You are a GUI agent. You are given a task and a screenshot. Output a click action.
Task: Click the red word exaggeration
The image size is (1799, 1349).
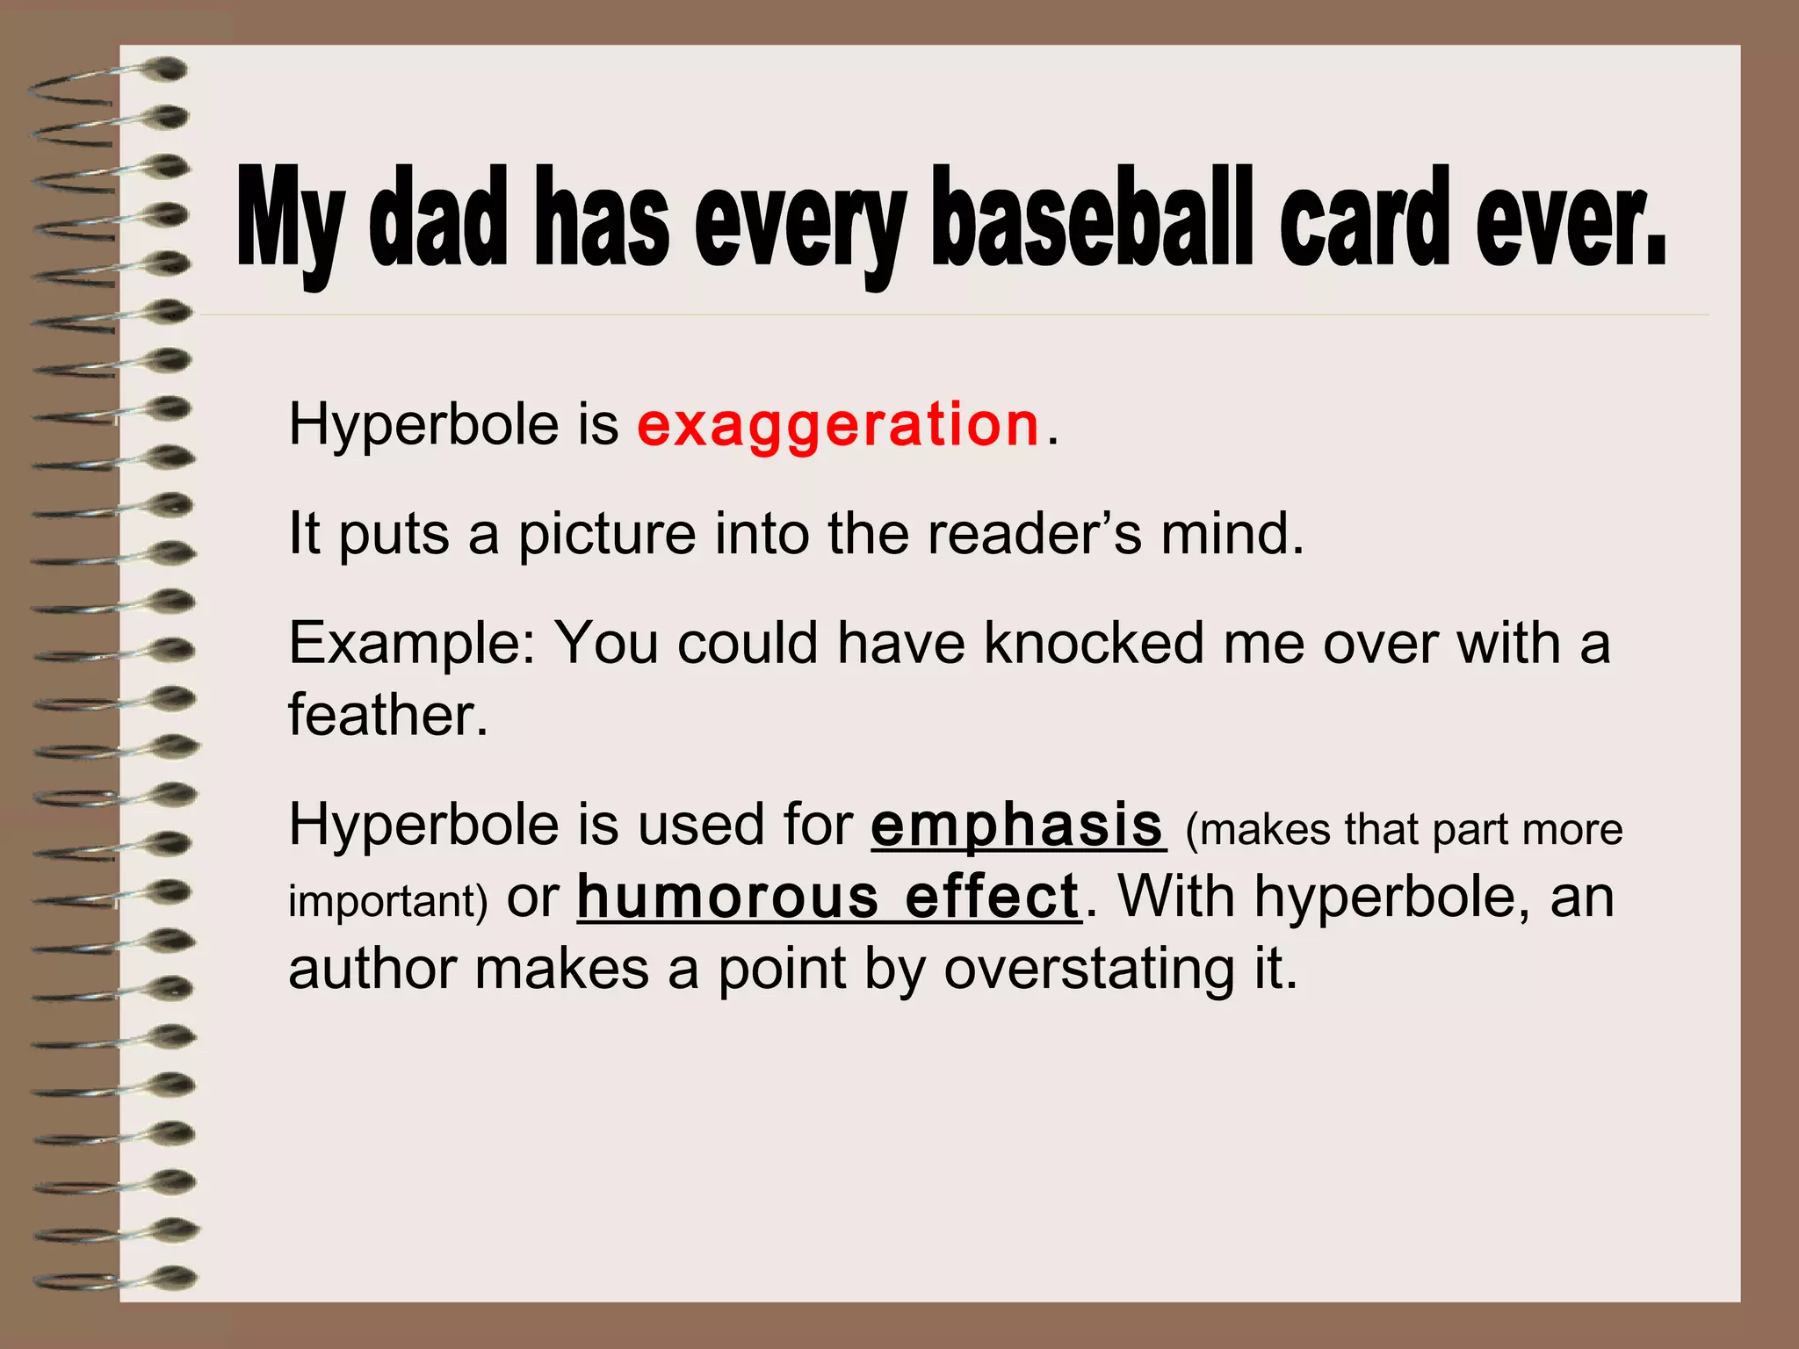pyautogui.click(x=838, y=425)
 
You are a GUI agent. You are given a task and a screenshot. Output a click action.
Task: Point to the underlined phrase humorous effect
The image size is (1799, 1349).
pyautogui.click(x=827, y=898)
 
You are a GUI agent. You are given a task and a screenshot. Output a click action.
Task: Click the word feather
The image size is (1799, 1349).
pyautogui.click(x=387, y=715)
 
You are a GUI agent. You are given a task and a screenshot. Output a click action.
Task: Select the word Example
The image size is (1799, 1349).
pyautogui.click(x=411, y=645)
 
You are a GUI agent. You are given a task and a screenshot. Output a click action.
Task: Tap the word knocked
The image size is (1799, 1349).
pyautogui.click(x=1093, y=643)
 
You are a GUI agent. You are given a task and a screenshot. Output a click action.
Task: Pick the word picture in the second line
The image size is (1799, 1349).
pyautogui.click(x=606, y=536)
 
